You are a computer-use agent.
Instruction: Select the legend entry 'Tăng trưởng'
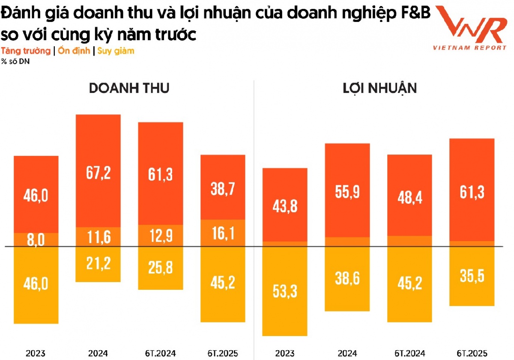26,51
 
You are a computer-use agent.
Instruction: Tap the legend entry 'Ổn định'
74,51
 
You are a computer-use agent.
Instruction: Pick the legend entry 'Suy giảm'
116,51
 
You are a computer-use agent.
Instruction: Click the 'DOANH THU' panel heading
129,88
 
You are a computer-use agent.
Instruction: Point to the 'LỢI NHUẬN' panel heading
380,88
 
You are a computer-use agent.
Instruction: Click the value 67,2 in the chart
99,173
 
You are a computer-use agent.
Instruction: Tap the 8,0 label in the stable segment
36,240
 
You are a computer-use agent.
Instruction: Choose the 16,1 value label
223,233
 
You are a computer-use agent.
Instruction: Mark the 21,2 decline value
99,263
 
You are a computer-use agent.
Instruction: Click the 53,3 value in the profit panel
285,291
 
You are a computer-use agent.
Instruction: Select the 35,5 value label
472,276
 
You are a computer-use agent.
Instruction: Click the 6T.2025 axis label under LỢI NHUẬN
472,354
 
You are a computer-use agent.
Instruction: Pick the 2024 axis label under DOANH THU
98,354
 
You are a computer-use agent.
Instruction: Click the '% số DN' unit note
12,60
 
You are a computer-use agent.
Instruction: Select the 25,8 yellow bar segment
161,269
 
